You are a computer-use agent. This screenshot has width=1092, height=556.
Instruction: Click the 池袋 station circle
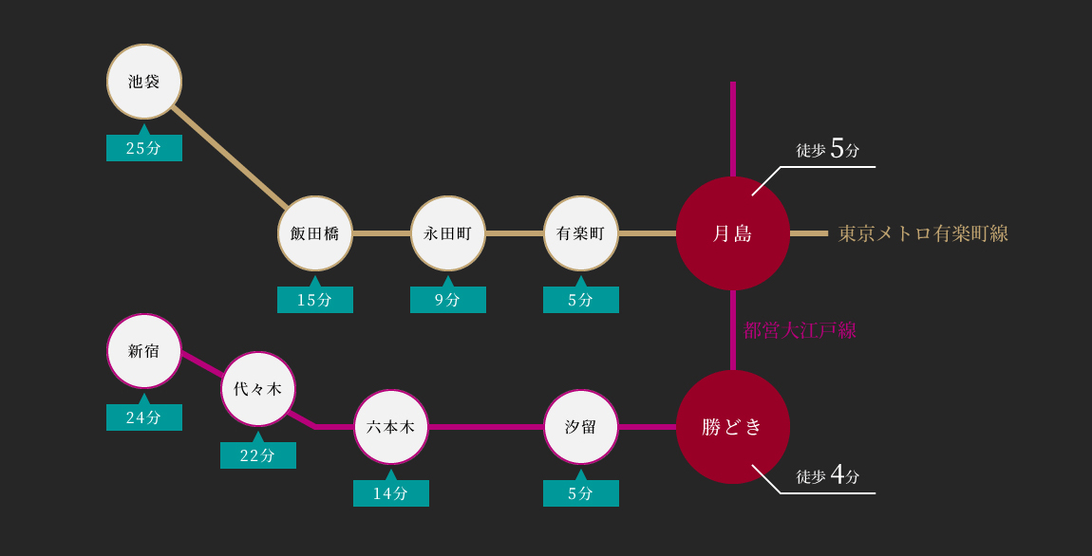tap(144, 82)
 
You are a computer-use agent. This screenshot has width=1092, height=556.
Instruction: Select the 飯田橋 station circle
tap(315, 233)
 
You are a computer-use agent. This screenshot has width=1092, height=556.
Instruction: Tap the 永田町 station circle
tap(448, 233)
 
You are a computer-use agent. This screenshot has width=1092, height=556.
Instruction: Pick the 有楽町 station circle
tap(581, 233)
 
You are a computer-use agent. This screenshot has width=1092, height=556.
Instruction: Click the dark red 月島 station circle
tap(733, 233)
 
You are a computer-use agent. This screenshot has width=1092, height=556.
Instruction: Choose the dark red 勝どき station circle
tap(733, 427)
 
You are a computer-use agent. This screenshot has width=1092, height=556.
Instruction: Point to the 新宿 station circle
tap(144, 351)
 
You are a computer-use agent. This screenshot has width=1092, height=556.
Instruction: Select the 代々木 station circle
tap(258, 389)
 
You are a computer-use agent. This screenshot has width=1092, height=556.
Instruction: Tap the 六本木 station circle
tap(390, 427)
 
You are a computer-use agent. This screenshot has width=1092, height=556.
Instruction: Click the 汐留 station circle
tap(581, 427)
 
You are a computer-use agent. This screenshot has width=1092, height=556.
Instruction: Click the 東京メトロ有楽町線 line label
tap(923, 233)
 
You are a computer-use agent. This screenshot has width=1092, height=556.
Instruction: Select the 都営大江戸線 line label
tap(800, 330)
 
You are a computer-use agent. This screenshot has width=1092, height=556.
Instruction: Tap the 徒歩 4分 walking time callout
tap(828, 476)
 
